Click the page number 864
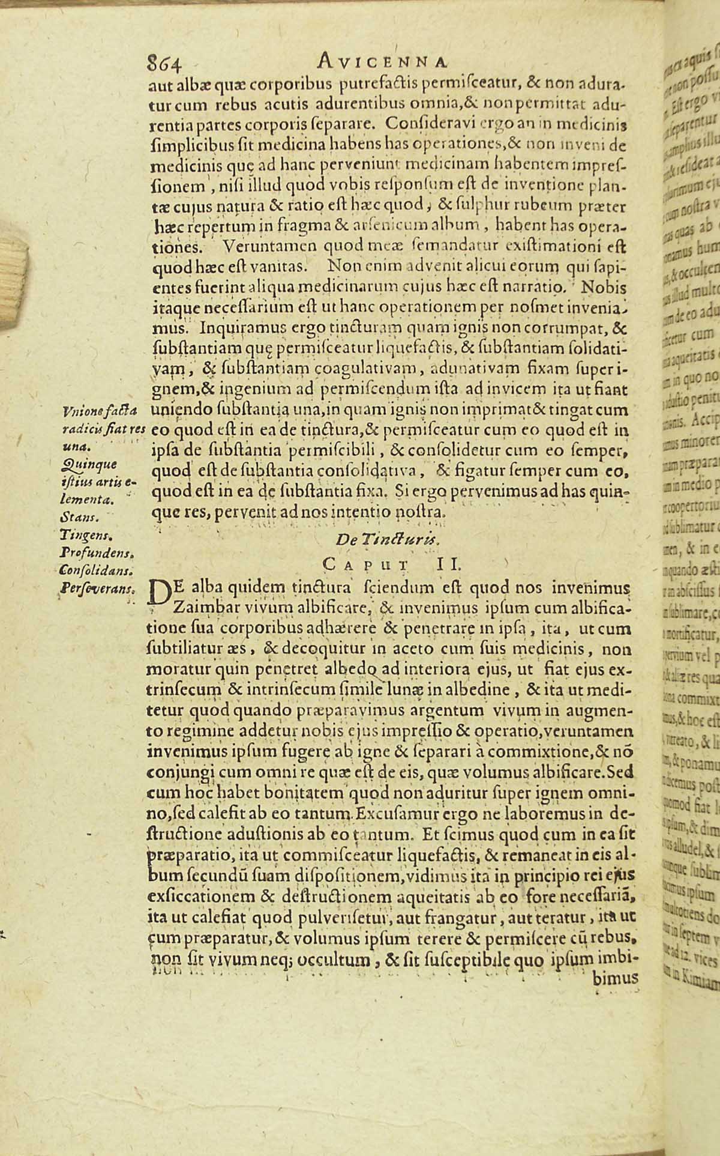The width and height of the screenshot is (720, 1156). click(x=164, y=61)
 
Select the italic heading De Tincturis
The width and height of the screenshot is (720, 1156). click(x=389, y=539)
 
